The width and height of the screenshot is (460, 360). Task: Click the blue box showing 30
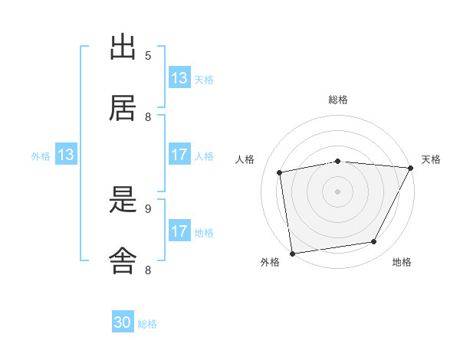123,323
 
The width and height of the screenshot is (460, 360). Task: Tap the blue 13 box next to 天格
179,78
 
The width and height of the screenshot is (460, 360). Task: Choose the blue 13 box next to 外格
65,155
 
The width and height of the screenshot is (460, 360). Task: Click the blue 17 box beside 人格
179,155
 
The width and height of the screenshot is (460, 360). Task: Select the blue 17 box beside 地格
179,232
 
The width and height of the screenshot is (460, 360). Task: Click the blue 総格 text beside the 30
147,324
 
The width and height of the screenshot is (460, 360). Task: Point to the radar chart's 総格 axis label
337,100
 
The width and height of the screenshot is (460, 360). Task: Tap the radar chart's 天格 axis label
431,159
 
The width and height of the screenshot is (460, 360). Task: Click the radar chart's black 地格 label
402,263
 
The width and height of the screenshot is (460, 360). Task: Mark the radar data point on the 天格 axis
410,168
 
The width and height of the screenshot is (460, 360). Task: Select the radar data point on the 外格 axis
292,253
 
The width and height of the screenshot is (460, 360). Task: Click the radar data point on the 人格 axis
280,172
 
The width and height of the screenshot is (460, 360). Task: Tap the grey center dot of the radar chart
337,191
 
